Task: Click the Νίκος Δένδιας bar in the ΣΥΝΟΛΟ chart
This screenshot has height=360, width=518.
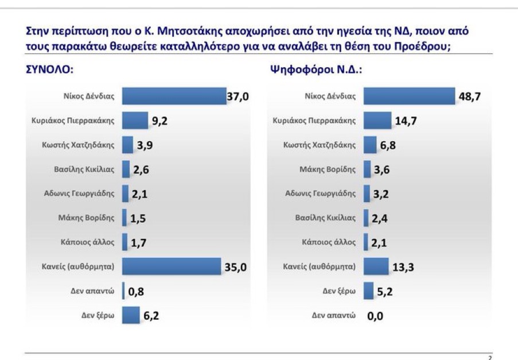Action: pyautogui.click(x=174, y=96)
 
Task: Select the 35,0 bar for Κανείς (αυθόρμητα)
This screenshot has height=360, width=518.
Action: pyautogui.click(x=172, y=266)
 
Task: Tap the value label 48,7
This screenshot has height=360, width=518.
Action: pyautogui.click(x=469, y=96)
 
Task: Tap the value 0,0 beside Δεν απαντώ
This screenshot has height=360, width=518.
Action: pyautogui.click(x=375, y=316)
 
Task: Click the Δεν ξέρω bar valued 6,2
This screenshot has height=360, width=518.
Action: pyautogui.click(x=131, y=315)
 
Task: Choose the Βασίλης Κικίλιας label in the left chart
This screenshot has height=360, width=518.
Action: pyautogui.click(x=83, y=169)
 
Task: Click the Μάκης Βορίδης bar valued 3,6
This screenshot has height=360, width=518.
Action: pyautogui.click(x=368, y=169)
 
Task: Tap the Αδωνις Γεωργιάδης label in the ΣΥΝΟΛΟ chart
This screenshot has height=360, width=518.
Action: pyautogui.click(x=79, y=193)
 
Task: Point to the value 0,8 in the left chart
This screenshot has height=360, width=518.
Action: pyautogui.click(x=136, y=292)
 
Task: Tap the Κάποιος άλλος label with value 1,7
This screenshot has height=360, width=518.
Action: pyautogui.click(x=86, y=242)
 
